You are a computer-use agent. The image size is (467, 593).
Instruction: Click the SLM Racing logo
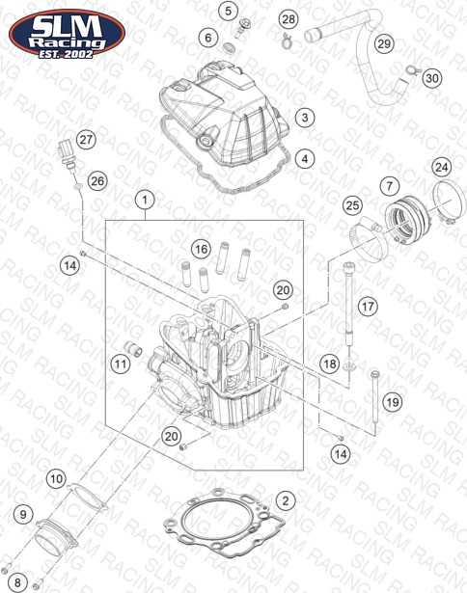pos(67,34)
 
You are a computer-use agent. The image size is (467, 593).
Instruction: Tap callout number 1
pos(145,200)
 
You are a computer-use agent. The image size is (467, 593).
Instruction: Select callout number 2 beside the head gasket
pos(286,500)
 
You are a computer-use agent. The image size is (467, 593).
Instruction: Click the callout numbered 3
pos(305,118)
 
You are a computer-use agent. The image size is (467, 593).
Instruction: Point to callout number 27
pos(86,139)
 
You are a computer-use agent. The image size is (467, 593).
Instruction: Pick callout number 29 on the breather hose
pos(384,43)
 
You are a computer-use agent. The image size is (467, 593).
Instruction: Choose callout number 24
pos(442,167)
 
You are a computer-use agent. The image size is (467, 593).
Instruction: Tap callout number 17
pos(368,306)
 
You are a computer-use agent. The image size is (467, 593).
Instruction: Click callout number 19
pos(393,402)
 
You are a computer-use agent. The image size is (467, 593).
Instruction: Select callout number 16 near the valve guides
pos(202,249)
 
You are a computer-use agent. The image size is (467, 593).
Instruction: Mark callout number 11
pos(121,364)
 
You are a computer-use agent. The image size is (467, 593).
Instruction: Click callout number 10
pos(56,479)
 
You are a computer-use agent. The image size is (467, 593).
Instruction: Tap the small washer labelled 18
pos(348,366)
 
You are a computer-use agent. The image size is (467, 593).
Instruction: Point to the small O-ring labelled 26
pos(77,186)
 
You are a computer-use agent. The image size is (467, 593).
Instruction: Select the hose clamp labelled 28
pos(287,40)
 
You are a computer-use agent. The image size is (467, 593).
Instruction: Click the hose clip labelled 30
pos(411,70)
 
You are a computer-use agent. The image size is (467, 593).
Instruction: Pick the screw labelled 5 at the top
pos(240,28)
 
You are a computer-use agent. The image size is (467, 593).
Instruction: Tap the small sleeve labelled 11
pos(133,348)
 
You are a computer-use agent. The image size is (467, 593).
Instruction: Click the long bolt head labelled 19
pos(374,375)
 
